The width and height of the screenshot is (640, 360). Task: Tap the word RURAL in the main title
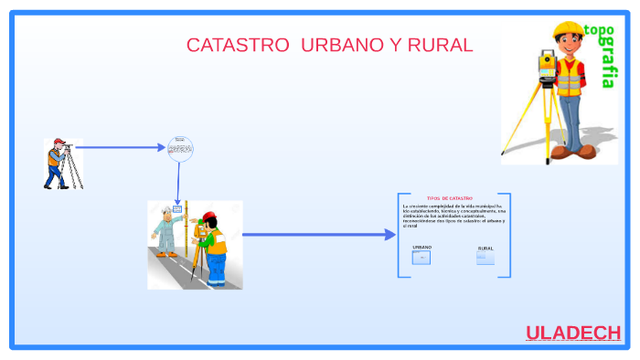(x=440, y=45)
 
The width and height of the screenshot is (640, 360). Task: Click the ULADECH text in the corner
(x=573, y=333)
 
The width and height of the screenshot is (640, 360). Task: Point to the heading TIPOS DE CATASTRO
(x=450, y=198)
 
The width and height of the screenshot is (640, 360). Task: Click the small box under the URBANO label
(x=421, y=258)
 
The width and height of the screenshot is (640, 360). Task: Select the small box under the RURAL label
(x=485, y=258)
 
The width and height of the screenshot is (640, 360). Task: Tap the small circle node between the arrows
(x=181, y=148)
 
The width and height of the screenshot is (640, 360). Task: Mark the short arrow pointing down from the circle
(x=178, y=183)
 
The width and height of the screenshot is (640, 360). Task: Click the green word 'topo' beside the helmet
(x=600, y=31)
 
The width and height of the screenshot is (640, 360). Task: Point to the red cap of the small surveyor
(x=59, y=142)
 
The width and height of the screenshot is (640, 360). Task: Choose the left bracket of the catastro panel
(x=400, y=235)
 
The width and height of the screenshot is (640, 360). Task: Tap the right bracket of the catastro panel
(x=508, y=235)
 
